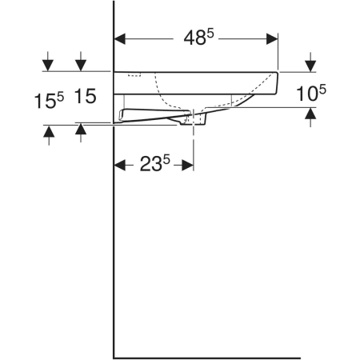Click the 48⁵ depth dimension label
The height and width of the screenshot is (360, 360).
(x=199, y=38)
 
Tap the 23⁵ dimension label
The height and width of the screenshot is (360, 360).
(x=155, y=163)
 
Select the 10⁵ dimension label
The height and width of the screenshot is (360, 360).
(x=311, y=93)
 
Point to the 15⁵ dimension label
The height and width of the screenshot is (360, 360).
(x=49, y=101)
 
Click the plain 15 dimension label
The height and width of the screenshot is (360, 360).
(x=85, y=96)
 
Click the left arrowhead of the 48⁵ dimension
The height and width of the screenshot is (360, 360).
(x=119, y=39)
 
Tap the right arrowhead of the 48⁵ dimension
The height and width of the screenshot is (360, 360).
(x=272, y=39)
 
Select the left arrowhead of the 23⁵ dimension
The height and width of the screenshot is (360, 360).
(x=119, y=165)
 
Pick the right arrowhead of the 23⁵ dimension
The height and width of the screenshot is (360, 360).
(x=188, y=165)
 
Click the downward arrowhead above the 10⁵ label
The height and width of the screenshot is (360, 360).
(x=310, y=66)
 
